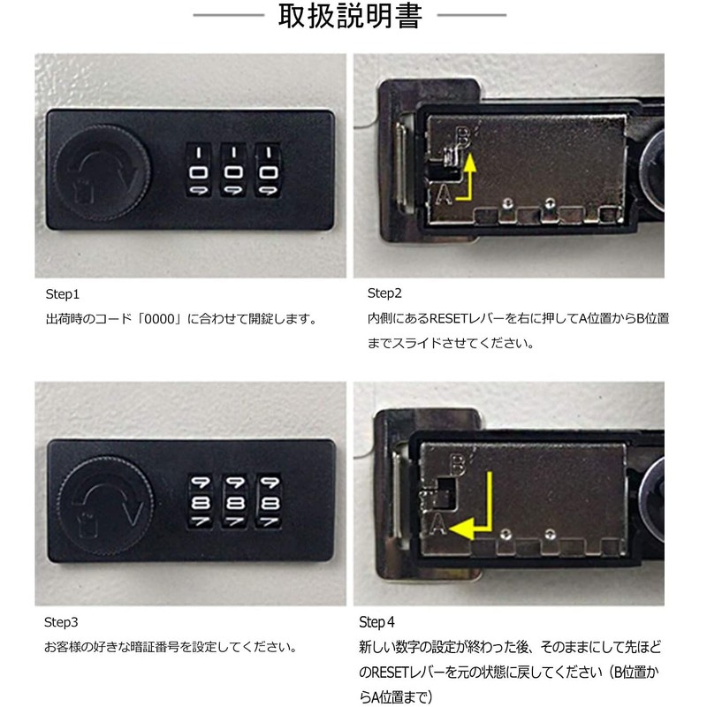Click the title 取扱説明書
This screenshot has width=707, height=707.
(x=350, y=16)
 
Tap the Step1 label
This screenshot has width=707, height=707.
(x=62, y=294)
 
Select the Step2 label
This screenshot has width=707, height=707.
(x=384, y=293)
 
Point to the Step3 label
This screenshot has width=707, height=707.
(x=61, y=622)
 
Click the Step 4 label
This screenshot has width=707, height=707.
(x=376, y=622)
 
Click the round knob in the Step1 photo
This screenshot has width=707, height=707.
(x=103, y=172)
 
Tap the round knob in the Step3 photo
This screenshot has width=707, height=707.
(x=106, y=505)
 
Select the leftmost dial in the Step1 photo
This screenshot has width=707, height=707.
(x=199, y=171)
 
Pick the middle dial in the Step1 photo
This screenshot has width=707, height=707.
(x=233, y=171)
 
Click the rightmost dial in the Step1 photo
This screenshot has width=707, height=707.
(x=269, y=171)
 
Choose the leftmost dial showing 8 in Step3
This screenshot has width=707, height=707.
(x=201, y=501)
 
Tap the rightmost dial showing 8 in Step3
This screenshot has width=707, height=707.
(x=270, y=501)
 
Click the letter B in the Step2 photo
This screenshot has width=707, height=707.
(x=462, y=137)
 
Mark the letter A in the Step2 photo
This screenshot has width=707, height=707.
(x=444, y=194)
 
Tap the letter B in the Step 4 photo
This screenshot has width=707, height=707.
(x=457, y=464)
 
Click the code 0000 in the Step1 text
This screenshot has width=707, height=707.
(x=157, y=319)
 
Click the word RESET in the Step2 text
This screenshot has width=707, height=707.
(x=449, y=318)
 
